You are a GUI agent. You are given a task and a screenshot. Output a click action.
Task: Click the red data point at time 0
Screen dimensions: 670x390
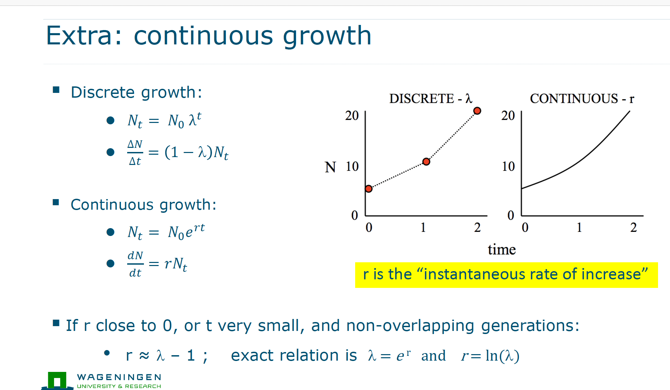368,189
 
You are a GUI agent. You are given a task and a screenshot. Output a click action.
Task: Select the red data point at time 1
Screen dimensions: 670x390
426,162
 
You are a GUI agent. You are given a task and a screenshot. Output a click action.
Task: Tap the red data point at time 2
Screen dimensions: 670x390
477,111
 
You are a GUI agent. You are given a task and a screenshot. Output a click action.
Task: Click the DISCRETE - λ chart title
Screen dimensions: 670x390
431,98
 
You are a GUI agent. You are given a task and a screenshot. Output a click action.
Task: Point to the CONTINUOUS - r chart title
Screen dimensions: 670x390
582,98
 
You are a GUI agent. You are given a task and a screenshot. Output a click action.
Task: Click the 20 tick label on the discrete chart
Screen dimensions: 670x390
352,115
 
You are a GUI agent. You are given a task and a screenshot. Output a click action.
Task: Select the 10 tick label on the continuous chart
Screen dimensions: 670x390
508,166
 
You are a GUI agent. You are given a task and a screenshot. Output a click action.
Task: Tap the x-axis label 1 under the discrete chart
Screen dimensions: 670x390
423,227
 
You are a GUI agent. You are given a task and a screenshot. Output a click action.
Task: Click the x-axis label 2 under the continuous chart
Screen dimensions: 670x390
633,227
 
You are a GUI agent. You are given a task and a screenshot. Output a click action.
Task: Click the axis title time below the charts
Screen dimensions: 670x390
501,249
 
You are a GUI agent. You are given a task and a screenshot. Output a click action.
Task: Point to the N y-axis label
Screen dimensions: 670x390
330,167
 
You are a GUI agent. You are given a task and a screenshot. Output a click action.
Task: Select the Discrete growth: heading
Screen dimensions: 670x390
136,93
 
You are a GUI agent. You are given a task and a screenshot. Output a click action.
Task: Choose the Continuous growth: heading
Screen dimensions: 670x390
144,205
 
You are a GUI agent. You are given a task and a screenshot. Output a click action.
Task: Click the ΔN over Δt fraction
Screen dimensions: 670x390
135,153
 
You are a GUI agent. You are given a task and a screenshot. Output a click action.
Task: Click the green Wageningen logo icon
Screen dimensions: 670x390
57,380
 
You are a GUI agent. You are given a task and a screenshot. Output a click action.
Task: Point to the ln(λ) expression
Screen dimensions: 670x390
502,356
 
